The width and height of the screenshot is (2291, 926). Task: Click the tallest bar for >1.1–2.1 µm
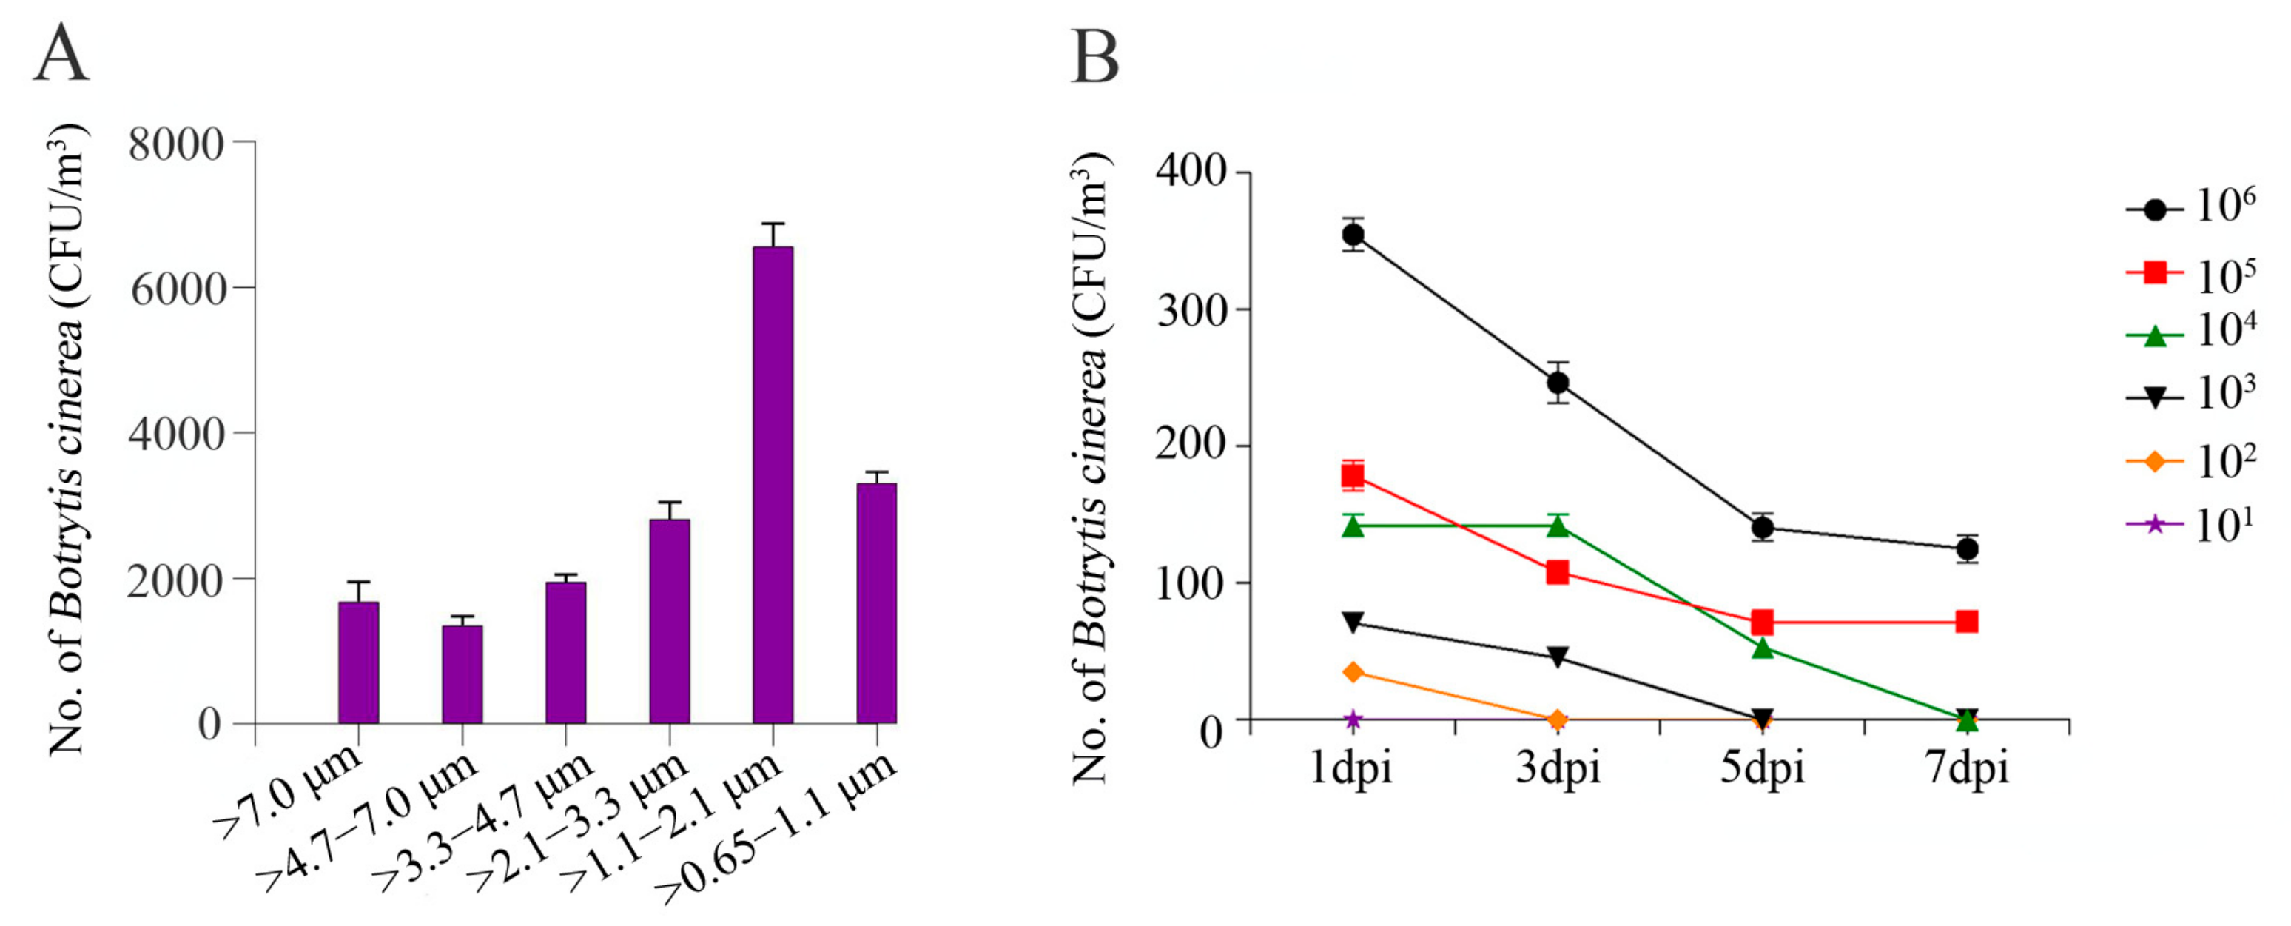pyautogui.click(x=772, y=485)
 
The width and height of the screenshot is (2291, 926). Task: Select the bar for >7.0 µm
pyautogui.click(x=358, y=662)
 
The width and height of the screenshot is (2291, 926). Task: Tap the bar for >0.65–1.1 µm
pyautogui.click(x=876, y=603)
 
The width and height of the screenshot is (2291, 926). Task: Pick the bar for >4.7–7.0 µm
pyautogui.click(x=462, y=674)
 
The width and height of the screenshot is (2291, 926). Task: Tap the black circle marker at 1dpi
pyautogui.click(x=1353, y=235)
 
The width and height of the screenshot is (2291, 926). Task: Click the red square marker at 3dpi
pyautogui.click(x=1557, y=572)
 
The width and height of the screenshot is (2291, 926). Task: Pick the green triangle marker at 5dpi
pyautogui.click(x=1763, y=649)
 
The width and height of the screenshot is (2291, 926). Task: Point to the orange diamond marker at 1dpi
pyautogui.click(x=1353, y=671)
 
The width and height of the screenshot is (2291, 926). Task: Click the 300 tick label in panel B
pyautogui.click(x=1191, y=309)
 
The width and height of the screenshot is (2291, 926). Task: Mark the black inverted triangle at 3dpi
pyautogui.click(x=1557, y=657)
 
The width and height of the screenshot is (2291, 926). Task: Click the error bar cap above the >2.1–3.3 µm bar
pyautogui.click(x=669, y=503)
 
